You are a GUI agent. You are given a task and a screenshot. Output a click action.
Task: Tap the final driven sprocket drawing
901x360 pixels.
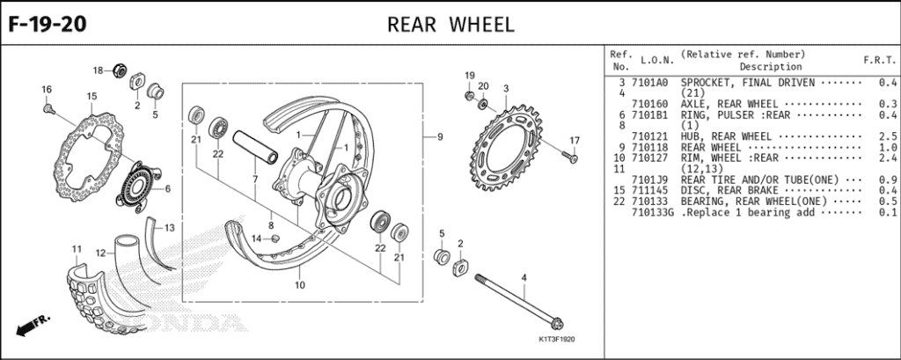(x=513, y=142)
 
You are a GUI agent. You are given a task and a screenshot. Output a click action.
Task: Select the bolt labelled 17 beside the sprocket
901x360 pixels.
(x=568, y=158)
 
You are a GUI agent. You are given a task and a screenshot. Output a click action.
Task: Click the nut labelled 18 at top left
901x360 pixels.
(x=122, y=70)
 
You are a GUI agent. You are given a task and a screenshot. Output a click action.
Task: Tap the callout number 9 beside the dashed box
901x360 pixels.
(x=439, y=137)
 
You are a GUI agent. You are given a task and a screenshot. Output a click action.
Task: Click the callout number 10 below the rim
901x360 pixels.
(x=299, y=284)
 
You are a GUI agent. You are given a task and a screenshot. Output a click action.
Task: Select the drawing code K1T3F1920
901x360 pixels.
(x=556, y=339)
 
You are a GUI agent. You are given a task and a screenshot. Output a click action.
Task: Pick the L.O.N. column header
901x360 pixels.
(x=656, y=60)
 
